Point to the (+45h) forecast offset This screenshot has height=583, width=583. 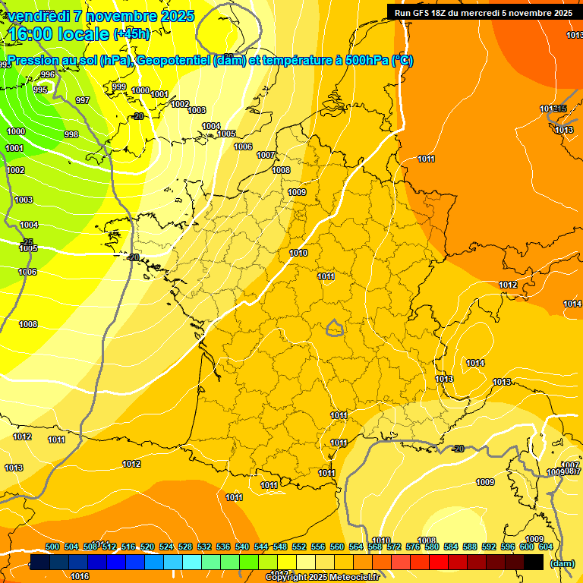point(131,33)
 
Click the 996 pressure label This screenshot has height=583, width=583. point(48,74)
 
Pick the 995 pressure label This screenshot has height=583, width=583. point(40,90)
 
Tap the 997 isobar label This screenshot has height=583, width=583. point(83,100)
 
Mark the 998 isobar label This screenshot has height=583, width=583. point(71,134)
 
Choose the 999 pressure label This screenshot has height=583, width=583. point(119,87)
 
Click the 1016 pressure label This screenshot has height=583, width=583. point(80,576)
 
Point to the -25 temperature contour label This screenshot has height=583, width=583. point(27,242)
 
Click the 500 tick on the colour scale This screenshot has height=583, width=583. point(52,547)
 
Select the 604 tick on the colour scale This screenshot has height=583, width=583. point(546,547)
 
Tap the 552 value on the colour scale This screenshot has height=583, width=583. point(299,547)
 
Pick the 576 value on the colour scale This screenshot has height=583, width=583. point(413,547)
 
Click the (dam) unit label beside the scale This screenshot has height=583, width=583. point(562,563)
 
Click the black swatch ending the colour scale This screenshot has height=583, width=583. point(534,562)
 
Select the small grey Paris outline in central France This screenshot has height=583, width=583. point(334,328)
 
